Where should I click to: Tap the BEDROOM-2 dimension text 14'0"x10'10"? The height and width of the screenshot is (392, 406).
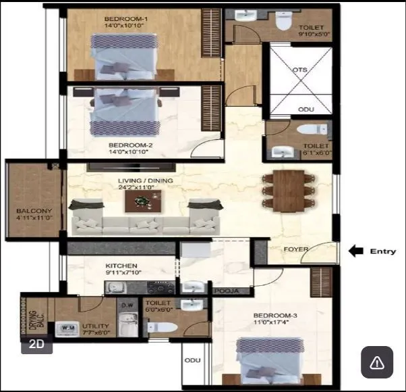(132, 153)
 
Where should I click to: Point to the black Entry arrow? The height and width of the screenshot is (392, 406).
(355, 251)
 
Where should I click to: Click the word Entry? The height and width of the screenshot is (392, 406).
(383, 251)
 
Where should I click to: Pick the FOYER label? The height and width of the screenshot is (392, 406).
(295, 249)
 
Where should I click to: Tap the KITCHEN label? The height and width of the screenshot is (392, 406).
(121, 266)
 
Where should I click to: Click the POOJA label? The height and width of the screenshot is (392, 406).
(223, 291)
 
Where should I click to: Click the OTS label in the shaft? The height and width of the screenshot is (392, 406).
(299, 70)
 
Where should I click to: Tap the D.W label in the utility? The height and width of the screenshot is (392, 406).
(127, 305)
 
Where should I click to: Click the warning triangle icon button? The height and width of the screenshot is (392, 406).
(377, 362)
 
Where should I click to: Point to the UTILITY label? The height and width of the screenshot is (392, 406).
(96, 325)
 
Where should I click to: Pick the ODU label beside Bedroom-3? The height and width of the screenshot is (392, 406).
(192, 360)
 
